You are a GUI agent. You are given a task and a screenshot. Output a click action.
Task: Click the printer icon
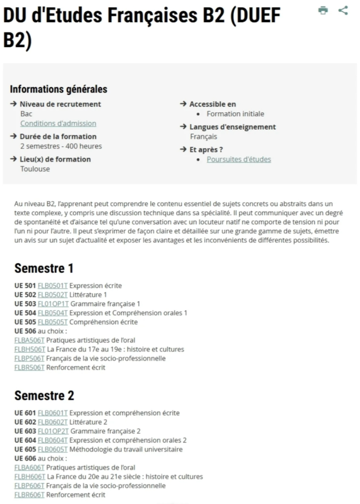point(323,11)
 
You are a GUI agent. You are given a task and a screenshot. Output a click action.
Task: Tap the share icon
point(343,11)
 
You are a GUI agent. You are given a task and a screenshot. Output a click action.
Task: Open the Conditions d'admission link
point(58,123)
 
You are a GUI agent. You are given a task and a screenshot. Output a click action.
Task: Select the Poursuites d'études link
point(238,159)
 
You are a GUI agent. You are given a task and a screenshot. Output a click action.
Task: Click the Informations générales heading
point(58,89)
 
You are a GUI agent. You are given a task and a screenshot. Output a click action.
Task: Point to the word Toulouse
point(35,169)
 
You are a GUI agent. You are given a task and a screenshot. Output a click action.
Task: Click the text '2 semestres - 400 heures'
point(61,146)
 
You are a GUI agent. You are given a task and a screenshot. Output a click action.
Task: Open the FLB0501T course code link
point(53,286)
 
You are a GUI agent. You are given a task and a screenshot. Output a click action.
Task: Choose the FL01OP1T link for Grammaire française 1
point(53,304)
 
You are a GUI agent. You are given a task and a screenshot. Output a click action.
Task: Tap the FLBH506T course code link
point(30,349)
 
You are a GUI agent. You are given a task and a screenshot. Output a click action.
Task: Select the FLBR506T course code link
point(29,367)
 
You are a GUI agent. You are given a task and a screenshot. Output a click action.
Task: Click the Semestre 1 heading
point(44,268)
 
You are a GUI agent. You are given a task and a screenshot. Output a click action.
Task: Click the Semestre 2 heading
point(44,395)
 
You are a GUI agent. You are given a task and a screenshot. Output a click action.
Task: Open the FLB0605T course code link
point(53,449)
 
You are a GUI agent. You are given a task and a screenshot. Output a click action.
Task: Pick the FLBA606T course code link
point(29,467)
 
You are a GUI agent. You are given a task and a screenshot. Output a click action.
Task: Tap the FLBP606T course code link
point(29,486)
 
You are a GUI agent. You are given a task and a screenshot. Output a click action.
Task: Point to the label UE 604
point(25,440)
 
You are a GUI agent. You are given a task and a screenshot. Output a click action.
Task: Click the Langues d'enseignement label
point(232,127)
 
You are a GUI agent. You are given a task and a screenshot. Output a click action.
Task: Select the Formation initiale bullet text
point(235,114)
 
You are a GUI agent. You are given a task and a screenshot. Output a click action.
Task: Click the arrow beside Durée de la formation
point(13,136)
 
